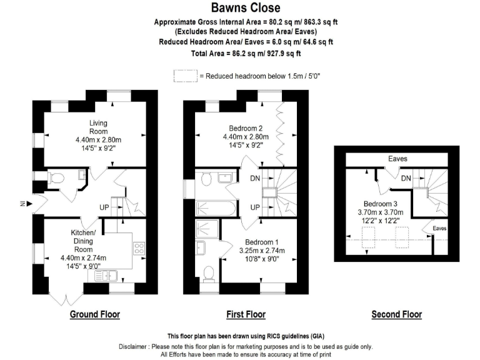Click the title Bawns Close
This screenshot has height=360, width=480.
(245, 8)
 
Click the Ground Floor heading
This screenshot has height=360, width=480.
(94, 314)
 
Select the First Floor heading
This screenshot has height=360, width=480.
(246, 314)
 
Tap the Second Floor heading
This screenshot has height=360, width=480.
(396, 314)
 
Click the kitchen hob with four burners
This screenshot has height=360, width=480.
(139, 249)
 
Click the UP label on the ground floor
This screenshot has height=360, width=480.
(106, 207)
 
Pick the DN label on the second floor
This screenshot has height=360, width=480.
(406, 179)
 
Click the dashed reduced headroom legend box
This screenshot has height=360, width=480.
(185, 76)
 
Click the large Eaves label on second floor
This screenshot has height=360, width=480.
(397, 159)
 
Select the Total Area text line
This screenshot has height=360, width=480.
(245, 54)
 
